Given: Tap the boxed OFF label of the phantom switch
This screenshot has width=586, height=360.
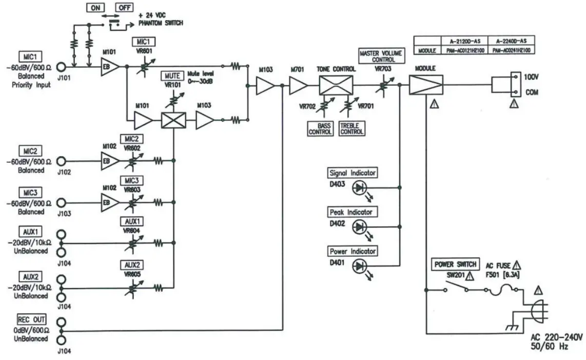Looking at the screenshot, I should pos(124,8).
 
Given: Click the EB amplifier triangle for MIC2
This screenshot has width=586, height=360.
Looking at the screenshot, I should pos(109,161).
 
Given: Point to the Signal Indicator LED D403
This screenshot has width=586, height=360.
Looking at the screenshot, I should pos(359,188).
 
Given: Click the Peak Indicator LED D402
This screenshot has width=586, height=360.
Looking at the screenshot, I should pos(359,226).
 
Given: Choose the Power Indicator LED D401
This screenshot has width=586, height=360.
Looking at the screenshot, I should pos(359,266).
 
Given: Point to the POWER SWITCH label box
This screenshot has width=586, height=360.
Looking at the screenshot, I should pos(455,264).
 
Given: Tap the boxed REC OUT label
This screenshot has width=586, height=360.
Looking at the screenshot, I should pos(32,319).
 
